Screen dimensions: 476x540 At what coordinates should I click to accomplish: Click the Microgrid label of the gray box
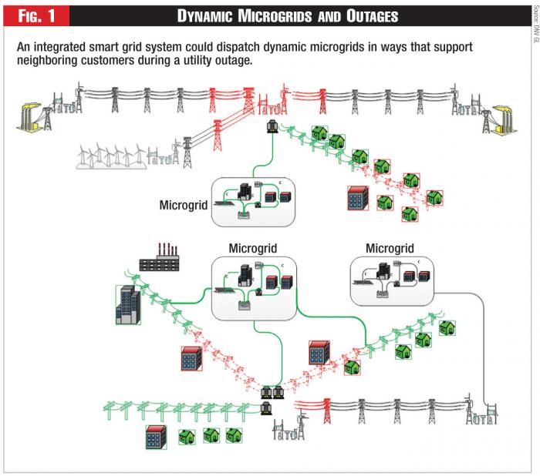[x=390, y=248]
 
